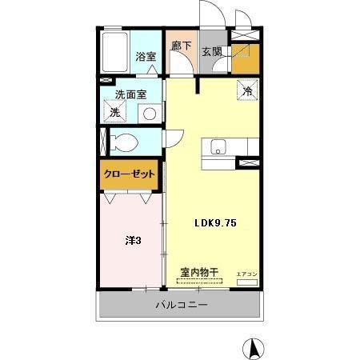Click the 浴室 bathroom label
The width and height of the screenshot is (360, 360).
(145, 57)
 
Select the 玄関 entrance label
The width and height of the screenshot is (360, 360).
(211, 53)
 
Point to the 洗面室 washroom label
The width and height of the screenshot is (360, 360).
(130, 94)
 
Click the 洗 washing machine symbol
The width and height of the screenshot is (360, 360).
(114, 113)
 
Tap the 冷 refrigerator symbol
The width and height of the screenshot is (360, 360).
(247, 91)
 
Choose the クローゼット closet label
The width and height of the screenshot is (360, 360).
(129, 174)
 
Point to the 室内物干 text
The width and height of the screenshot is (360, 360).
(197, 272)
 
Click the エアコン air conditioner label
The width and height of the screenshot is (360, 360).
(246, 274)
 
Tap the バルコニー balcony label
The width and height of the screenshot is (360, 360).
(181, 305)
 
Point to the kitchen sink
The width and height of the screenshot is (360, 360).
(218, 146)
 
